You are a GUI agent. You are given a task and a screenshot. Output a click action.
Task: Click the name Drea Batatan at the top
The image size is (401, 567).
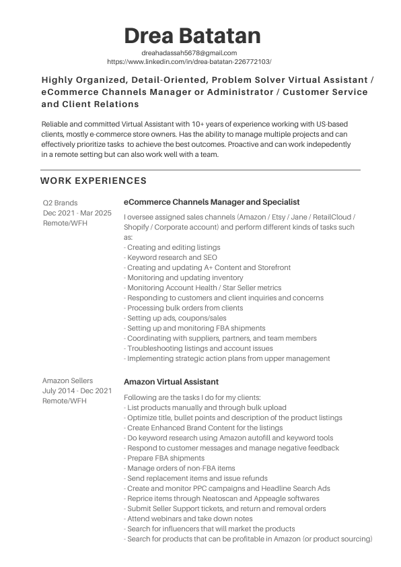pyautogui.click(x=192, y=35)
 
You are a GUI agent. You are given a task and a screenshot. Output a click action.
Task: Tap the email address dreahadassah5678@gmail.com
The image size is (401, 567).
pyautogui.click(x=189, y=53)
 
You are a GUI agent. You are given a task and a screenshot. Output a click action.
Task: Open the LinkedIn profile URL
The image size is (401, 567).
pyautogui.click(x=189, y=61)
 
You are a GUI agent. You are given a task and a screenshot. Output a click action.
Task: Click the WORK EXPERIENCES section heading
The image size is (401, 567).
pyautogui.click(x=94, y=180)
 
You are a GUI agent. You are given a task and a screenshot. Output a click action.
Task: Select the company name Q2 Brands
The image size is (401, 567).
pyautogui.click(x=60, y=203)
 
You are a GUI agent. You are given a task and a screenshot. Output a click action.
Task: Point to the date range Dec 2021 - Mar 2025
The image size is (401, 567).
pyautogui.click(x=77, y=213)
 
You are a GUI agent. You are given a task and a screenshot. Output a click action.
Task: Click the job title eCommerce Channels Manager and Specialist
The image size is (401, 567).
pyautogui.click(x=212, y=202)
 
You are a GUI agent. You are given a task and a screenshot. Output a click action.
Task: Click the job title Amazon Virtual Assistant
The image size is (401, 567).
pyautogui.click(x=171, y=382)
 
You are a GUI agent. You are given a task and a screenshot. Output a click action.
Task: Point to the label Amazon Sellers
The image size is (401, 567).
pyautogui.click(x=67, y=380)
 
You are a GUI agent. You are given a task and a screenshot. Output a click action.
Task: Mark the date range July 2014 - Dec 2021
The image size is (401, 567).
pyautogui.click(x=77, y=391)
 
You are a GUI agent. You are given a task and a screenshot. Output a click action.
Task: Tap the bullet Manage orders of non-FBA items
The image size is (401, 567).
pyautogui.click(x=180, y=468)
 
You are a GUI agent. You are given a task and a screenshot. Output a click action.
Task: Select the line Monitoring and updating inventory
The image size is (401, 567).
pyautogui.click(x=185, y=277)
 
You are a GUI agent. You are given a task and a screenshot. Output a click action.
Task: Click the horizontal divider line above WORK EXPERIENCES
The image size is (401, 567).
pyautogui.click(x=200, y=170)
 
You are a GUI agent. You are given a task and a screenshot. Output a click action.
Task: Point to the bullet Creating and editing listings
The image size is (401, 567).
pyautogui.click(x=174, y=247)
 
